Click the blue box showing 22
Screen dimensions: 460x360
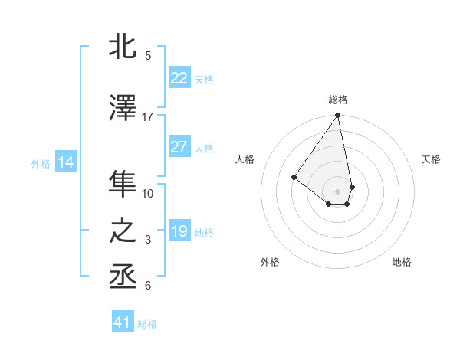[179, 78]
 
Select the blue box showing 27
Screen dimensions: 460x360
[179, 147]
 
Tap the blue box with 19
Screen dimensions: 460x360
[179, 231]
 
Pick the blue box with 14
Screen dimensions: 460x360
[65, 162]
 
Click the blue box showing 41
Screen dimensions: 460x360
[123, 322]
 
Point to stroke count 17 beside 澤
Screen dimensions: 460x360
[148, 117]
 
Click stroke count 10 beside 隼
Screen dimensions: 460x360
[148, 194]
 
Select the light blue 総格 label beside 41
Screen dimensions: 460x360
[148, 324]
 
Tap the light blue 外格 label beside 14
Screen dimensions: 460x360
[40, 163]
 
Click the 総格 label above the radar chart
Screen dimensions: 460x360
[337, 100]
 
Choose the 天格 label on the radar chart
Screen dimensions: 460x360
[431, 159]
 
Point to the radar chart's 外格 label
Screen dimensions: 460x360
[270, 262]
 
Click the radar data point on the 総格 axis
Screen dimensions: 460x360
[337, 116]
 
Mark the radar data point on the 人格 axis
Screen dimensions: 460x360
[294, 177]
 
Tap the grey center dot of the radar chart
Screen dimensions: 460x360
[337, 191]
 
